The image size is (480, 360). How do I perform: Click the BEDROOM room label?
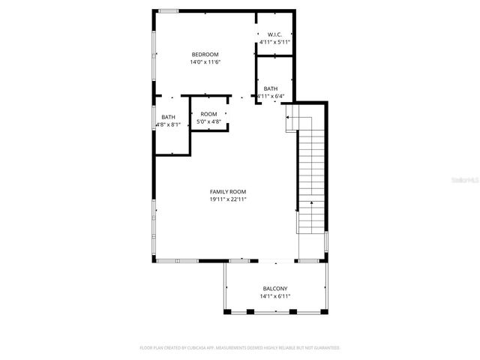(205, 54)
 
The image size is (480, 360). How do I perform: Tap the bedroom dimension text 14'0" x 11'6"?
(205, 61)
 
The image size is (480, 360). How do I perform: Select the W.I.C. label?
(274, 34)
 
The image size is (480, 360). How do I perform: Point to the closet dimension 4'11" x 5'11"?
(274, 42)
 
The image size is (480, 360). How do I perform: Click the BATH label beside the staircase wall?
(270, 88)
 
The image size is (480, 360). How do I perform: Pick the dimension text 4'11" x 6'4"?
(271, 96)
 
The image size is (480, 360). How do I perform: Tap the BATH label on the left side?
(168, 117)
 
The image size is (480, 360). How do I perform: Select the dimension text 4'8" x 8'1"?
(168, 124)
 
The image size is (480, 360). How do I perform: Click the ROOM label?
(208, 113)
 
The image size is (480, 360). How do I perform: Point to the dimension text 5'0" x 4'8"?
(208, 121)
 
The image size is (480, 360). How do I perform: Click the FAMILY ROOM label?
(228, 192)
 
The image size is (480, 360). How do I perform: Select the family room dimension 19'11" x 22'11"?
(228, 199)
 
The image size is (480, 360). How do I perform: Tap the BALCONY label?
(274, 289)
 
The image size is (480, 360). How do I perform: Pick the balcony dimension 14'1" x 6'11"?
(274, 296)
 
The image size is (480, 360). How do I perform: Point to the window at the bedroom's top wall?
(167, 10)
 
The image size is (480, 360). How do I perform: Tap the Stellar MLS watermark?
(463, 180)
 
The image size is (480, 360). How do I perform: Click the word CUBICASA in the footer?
(190, 348)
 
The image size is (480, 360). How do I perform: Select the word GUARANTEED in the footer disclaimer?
(325, 348)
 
